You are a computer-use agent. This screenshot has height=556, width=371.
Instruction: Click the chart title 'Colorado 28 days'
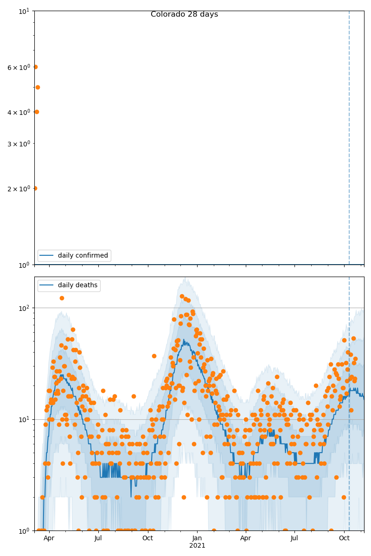click(x=184, y=14)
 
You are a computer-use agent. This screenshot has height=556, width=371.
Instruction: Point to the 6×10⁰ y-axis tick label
click(x=19, y=67)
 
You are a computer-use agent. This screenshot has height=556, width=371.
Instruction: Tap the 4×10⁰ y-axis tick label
click(x=19, y=112)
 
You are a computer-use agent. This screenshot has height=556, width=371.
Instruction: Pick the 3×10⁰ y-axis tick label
click(x=19, y=144)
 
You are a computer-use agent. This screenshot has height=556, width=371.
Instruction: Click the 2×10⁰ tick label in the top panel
click(x=19, y=189)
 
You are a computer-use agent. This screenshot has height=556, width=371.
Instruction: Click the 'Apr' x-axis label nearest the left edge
click(x=49, y=538)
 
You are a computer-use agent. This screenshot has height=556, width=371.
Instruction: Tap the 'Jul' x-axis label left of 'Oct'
click(x=98, y=538)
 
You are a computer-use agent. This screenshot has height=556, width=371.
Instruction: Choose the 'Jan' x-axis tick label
click(x=197, y=538)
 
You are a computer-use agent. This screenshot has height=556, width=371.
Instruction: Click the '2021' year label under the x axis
click(x=197, y=546)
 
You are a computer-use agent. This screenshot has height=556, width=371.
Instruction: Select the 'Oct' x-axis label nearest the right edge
click(x=344, y=538)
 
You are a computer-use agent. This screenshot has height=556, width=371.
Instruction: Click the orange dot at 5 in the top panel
click(x=38, y=87)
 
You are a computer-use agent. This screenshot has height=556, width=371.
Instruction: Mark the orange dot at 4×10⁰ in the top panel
click(x=37, y=112)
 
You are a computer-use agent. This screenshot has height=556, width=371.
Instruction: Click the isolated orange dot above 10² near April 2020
click(x=62, y=298)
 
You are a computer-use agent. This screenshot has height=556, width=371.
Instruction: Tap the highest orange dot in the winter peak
click(x=182, y=296)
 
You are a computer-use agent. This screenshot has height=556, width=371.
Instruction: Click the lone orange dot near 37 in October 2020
click(x=154, y=356)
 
